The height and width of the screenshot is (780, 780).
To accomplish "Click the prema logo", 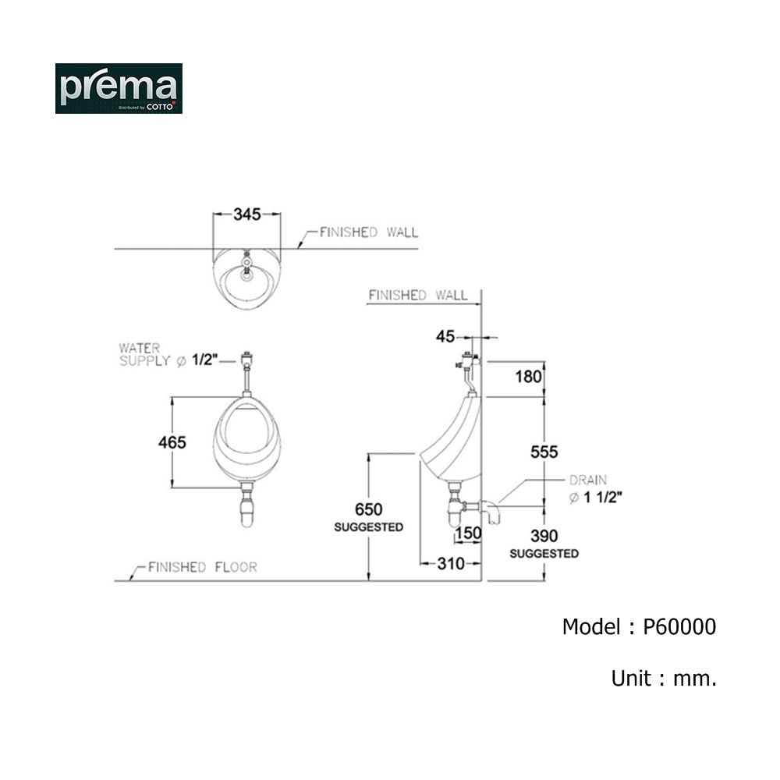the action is pos(119,89).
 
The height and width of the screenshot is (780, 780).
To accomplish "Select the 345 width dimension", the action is pos(247,214).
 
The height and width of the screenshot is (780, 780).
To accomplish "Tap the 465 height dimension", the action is pos(172,442).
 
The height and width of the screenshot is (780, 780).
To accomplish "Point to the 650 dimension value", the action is pos(369,509).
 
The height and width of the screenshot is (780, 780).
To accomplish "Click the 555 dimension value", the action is pos(544,452).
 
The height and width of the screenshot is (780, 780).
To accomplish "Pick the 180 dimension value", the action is pos(528,377).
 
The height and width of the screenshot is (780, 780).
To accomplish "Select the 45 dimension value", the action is pos(445,337).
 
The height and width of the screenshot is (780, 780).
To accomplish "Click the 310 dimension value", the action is pos(451,564).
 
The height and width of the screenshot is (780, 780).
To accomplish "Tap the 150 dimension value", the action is pos(468,534).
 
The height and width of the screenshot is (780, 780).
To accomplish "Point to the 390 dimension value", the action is pos(544,536).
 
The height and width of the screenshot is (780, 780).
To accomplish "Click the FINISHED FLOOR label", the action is pos(203,567).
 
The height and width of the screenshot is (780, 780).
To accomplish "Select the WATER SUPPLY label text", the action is pos(145,355).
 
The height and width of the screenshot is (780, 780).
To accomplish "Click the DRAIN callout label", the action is pos(588,480).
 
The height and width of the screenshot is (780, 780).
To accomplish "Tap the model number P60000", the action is pos(679,627).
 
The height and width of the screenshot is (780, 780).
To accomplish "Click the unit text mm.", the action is pos(695,679).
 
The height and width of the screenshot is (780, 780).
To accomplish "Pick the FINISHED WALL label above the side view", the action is pos(418,296).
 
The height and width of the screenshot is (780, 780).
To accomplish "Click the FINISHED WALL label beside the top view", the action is pos(369,232).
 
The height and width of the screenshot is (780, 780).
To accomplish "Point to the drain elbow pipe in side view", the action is pos(490,512).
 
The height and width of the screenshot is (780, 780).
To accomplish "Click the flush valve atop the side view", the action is pos(468,360).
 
